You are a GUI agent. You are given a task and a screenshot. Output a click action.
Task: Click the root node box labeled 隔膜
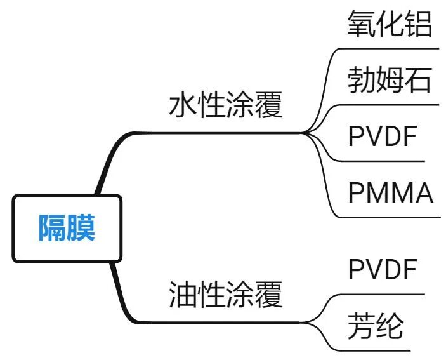pos(66,228)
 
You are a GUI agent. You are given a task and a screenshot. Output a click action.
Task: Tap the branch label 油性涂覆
pos(225,295)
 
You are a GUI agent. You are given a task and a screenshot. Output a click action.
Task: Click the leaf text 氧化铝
pos(390,25)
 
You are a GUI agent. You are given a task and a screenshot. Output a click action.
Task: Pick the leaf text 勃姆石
pos(390,81)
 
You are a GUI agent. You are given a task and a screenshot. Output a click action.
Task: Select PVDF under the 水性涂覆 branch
pos(383,137)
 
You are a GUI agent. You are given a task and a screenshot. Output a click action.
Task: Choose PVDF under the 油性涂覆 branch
pos(383,270)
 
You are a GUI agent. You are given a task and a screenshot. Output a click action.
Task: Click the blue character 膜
pos(81,228)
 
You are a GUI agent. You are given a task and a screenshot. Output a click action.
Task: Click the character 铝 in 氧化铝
pos(418,25)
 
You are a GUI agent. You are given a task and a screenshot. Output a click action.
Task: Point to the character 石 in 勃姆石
pos(418,81)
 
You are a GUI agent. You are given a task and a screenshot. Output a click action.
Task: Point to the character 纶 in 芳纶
pos(390,326)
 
